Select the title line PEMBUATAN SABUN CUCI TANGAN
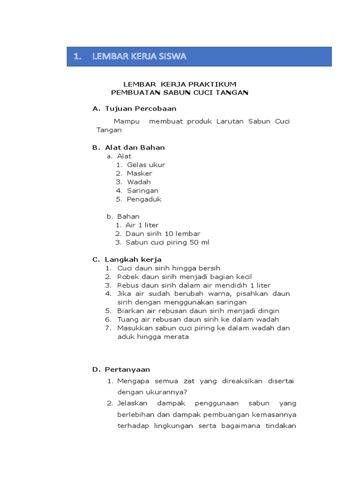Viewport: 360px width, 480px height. [180, 92]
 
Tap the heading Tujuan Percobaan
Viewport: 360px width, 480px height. [141, 109]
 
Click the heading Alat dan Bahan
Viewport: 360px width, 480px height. [135, 148]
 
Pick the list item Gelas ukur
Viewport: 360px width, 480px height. [146, 165]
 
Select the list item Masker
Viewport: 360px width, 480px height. [139, 173]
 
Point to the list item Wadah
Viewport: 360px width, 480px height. [139, 182]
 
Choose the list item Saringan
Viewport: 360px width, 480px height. [142, 191]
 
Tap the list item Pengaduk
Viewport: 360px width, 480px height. [144, 199]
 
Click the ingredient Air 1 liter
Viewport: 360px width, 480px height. [142, 225]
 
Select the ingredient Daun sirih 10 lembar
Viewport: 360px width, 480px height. [163, 233]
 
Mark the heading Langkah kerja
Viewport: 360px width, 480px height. [133, 259]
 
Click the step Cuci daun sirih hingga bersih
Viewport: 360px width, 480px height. [168, 268]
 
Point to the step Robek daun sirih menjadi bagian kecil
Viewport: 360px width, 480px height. [184, 277]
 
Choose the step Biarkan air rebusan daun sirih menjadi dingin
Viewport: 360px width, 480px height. [198, 311]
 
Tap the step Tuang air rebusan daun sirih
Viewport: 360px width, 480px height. [197, 319]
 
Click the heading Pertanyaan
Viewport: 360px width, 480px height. [127, 369]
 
